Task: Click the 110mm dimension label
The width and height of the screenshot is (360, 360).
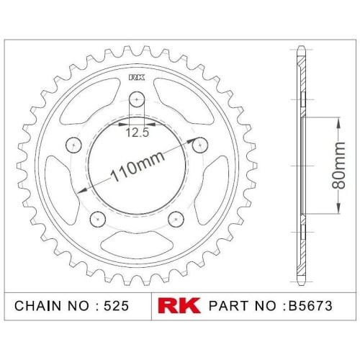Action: [138, 166]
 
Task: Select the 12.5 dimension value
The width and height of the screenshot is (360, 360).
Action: [138, 132]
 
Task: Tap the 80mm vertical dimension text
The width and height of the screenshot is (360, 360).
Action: [338, 165]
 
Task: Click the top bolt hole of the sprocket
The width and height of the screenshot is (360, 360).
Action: [137, 99]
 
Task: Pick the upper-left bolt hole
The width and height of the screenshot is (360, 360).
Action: [73, 145]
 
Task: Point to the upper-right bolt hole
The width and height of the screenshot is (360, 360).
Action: [200, 145]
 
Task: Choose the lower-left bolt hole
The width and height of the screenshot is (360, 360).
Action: [98, 219]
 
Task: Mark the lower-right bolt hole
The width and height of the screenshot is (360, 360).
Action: [176, 219]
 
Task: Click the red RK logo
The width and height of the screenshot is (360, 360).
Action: [179, 305]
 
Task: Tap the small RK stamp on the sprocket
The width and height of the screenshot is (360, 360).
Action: [137, 77]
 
